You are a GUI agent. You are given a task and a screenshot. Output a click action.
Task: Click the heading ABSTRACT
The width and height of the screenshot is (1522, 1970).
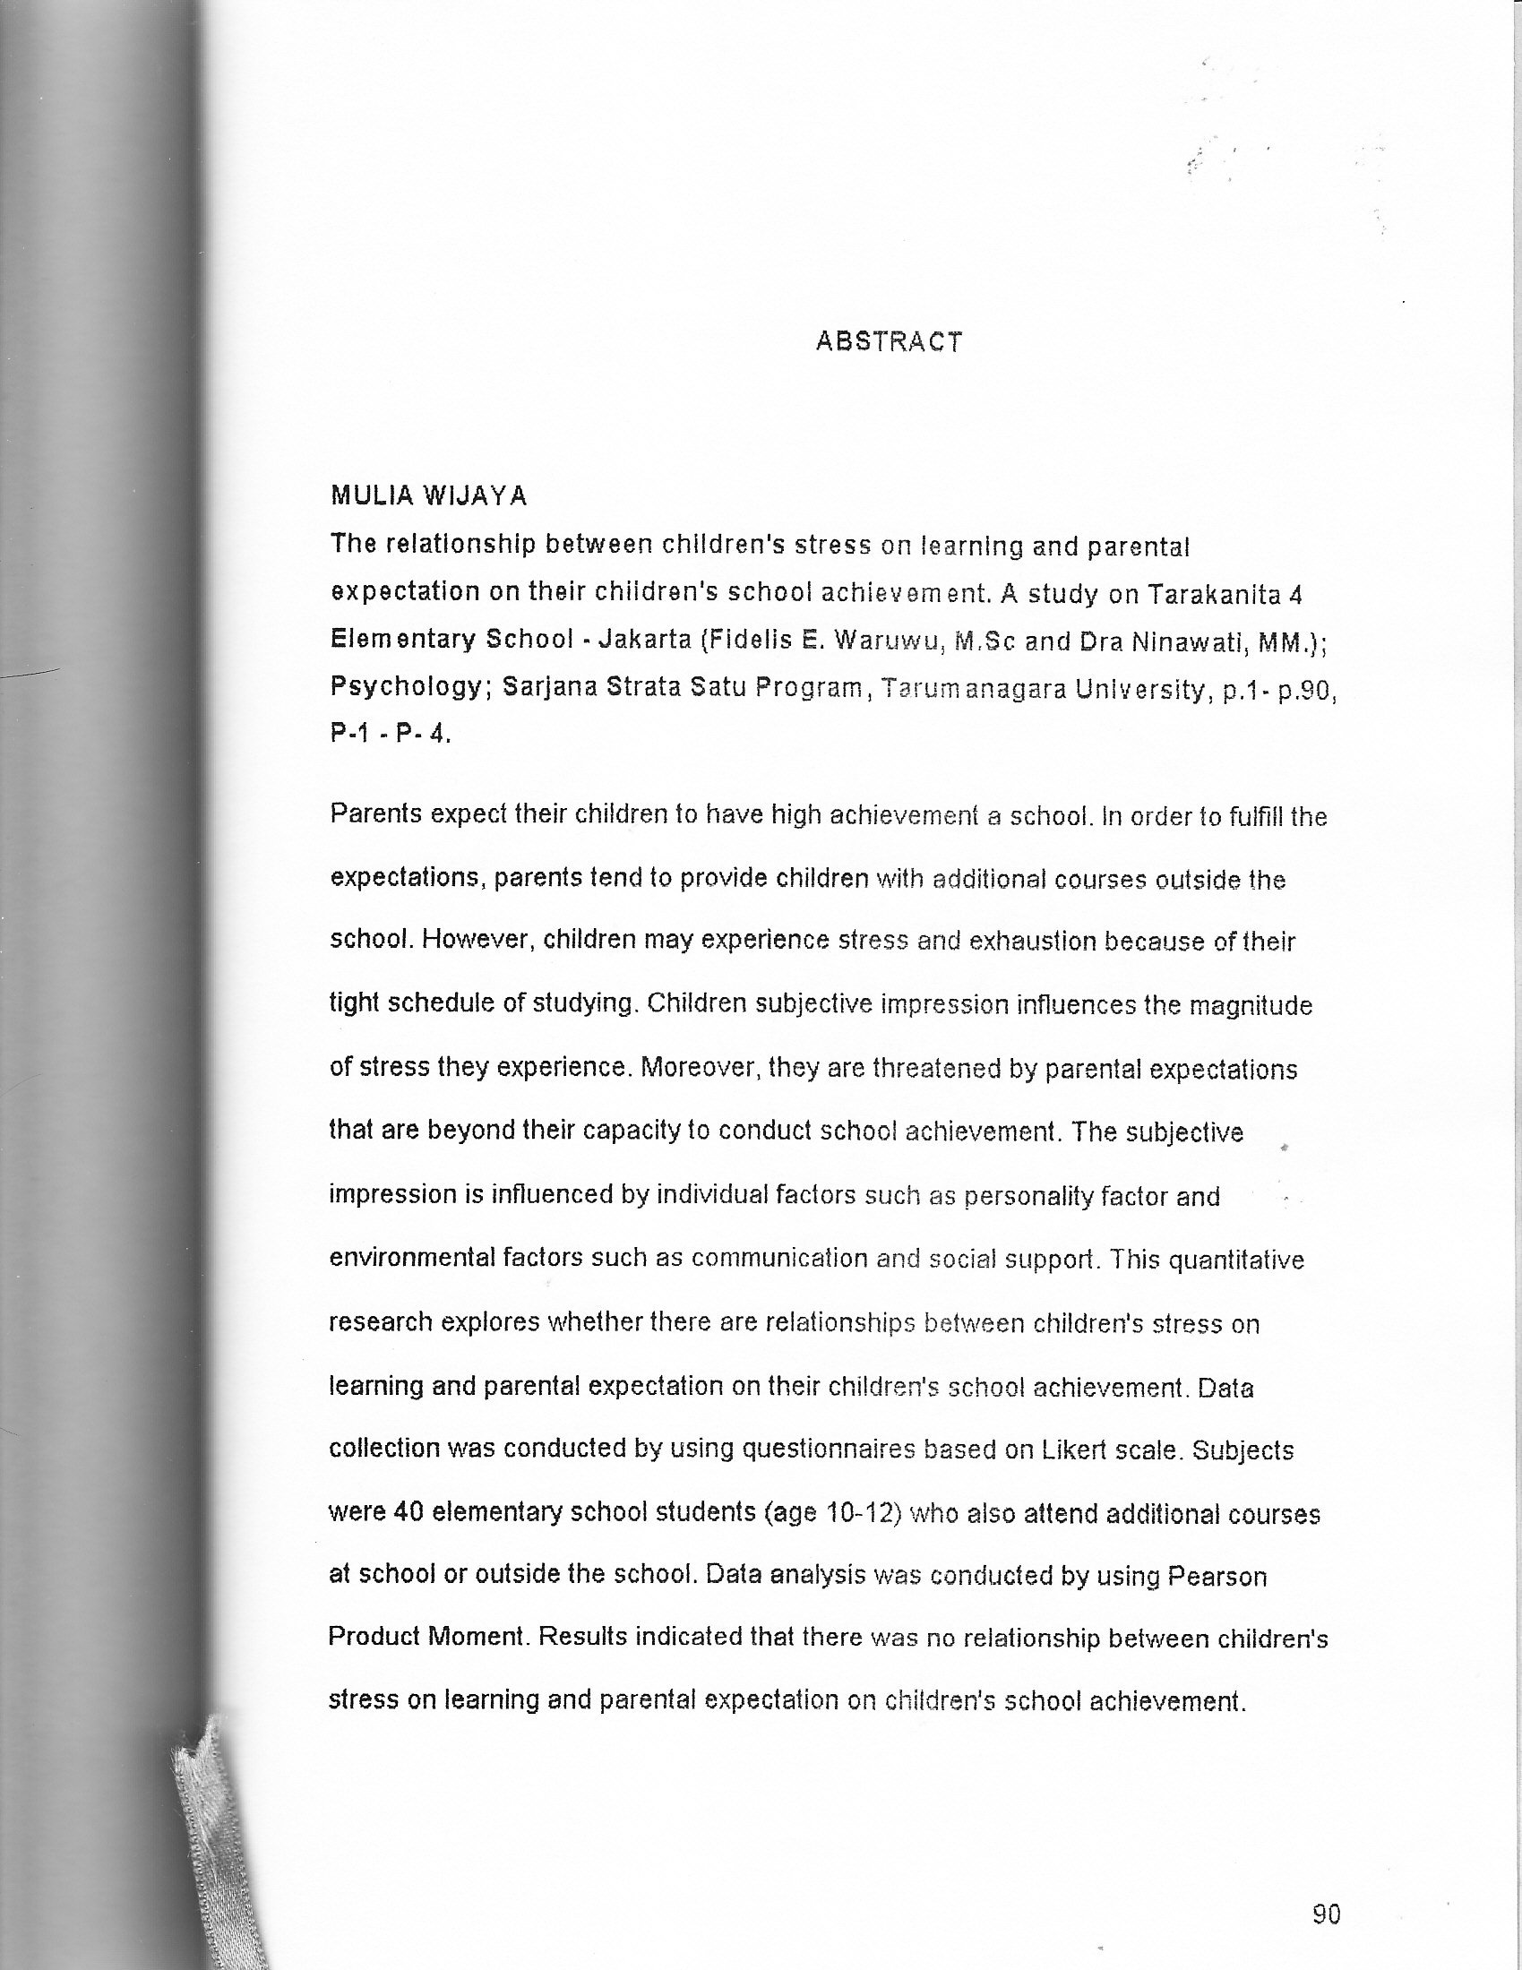889,342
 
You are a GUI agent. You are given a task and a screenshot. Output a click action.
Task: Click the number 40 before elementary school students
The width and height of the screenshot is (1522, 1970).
408,1513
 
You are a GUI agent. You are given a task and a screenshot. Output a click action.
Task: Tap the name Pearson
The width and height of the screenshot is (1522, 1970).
1217,1577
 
